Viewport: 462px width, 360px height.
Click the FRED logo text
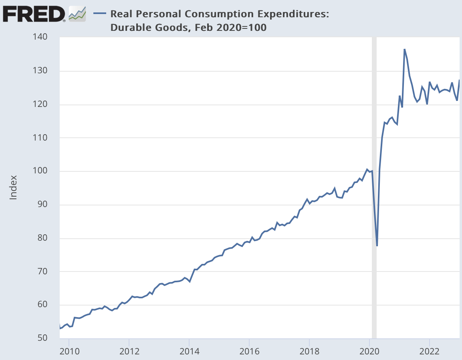pos(34,15)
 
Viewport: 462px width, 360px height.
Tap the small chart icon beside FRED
pos(77,14)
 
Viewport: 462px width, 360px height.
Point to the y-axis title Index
pos(14,187)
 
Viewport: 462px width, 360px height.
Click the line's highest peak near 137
pos(404,49)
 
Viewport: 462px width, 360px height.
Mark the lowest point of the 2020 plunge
pos(377,245)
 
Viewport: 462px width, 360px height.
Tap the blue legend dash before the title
pos(99,14)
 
